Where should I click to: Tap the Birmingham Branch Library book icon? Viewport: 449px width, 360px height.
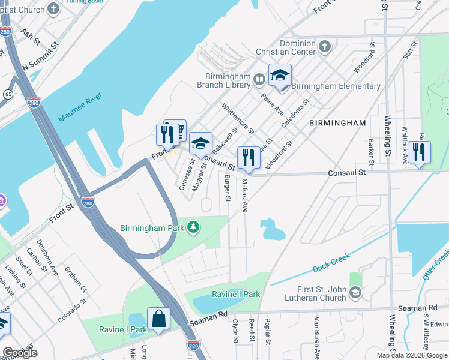point(259,79)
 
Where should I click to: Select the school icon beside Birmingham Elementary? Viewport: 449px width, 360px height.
point(280,76)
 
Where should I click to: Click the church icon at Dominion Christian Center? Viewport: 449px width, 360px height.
point(324,46)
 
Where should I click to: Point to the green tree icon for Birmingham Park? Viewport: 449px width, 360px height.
point(193,226)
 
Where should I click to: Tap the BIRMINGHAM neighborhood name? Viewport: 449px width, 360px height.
point(337,123)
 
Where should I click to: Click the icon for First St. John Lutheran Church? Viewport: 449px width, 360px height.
point(355,292)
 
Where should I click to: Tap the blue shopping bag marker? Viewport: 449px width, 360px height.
point(158,319)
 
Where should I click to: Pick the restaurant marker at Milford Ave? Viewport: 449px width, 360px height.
point(249,158)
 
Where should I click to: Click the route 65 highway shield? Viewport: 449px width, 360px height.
point(8,94)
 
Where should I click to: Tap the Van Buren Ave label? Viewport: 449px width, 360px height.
point(315,337)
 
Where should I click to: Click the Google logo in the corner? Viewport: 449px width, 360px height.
point(20,352)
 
